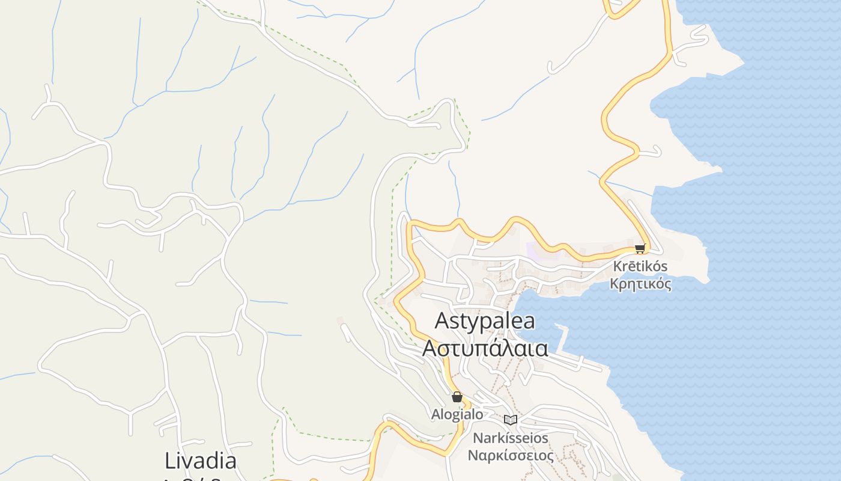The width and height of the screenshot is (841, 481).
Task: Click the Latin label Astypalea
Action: click(x=485, y=321)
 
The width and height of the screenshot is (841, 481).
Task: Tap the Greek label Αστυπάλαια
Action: click(x=485, y=348)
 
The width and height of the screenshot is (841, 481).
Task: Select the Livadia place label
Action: click(x=201, y=461)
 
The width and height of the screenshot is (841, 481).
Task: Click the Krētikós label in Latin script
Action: click(x=640, y=266)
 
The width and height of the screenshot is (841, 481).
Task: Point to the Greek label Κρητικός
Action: click(x=640, y=283)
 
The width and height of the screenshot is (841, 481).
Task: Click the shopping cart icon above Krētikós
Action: click(x=640, y=248)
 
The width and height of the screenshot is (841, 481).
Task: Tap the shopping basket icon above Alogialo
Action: click(x=457, y=397)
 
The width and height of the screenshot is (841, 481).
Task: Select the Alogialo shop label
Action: click(x=457, y=414)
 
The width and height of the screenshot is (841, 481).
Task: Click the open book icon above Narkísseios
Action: click(x=511, y=420)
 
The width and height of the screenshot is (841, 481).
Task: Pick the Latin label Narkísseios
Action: click(x=511, y=438)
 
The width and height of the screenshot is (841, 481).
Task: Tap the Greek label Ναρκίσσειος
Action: click(x=511, y=455)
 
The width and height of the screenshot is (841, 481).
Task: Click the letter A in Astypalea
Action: click(x=442, y=321)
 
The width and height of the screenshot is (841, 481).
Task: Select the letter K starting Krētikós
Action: click(x=618, y=266)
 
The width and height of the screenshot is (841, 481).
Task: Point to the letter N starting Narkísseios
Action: click(x=478, y=438)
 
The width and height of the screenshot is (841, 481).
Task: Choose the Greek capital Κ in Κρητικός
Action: click(x=615, y=283)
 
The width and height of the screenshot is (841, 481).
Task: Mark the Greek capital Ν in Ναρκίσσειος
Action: click(x=473, y=455)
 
